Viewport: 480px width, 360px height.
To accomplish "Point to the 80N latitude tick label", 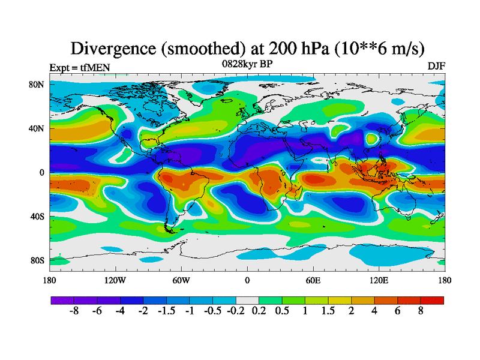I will [x=38, y=85].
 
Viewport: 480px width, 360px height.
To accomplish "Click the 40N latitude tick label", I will [x=38, y=128].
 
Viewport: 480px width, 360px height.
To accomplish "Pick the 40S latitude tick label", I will [x=38, y=216].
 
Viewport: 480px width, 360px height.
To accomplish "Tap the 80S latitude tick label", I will [x=38, y=260].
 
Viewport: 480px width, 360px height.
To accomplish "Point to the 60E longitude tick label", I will [x=313, y=280].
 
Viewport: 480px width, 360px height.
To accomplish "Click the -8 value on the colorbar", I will [x=74, y=313].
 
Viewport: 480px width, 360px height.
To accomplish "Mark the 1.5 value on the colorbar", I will [x=328, y=313].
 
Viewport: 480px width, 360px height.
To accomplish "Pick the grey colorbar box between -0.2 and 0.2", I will [x=247, y=300].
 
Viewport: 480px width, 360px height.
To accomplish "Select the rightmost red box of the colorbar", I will [x=432, y=300].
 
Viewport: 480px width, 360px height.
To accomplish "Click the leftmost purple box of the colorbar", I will [x=62, y=300].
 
